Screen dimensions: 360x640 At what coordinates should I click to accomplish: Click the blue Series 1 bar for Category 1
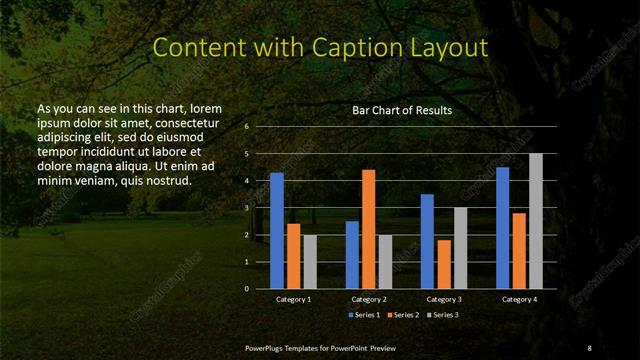tap(277, 230)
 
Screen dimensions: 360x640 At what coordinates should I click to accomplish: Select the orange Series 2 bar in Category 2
tap(368, 228)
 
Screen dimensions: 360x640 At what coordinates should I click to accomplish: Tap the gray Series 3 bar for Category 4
tap(535, 220)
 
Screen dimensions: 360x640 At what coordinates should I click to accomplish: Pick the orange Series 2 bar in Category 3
tap(443, 263)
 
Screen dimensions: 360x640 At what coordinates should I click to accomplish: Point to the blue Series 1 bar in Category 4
tap(502, 227)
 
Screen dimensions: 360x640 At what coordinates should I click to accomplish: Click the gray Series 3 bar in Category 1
tap(310, 261)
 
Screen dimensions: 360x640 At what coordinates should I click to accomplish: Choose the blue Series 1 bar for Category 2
tap(352, 254)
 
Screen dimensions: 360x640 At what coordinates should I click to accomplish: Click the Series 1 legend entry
tap(363, 315)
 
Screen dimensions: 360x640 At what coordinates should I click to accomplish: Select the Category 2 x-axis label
tap(369, 299)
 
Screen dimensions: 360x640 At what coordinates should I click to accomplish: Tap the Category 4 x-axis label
tap(518, 299)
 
